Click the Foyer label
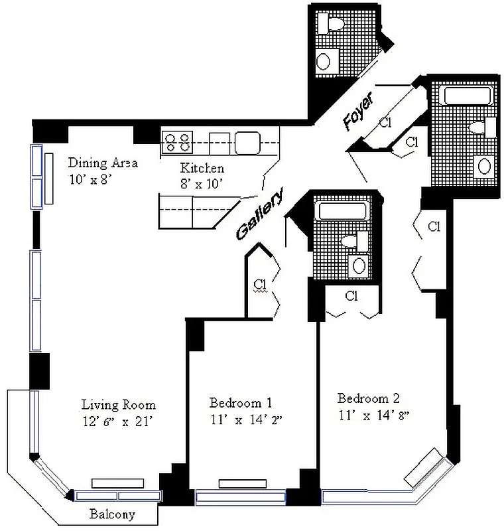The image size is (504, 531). click(359, 110)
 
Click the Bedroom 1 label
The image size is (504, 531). click(241, 402)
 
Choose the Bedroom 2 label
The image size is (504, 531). click(369, 398)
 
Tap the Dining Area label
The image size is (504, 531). click(103, 163)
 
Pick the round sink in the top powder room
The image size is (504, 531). click(324, 62)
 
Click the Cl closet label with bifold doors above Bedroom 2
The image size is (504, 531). click(351, 296)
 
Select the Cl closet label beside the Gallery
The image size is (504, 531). click(259, 285)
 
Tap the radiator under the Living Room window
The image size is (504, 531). click(118, 483)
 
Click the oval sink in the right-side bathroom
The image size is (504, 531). click(483, 165)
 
